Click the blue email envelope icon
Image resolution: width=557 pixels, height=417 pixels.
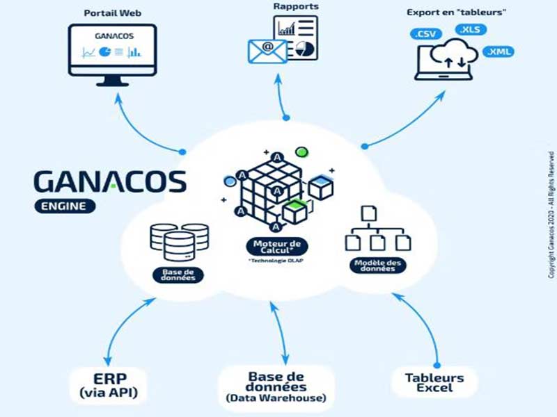[x=267, y=51]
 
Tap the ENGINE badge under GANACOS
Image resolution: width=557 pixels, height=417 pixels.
[x=64, y=206]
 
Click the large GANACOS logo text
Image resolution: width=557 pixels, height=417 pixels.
[x=110, y=182]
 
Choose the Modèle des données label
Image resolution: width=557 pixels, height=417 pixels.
[x=379, y=265]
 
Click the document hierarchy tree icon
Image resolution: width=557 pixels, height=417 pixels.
[x=379, y=229]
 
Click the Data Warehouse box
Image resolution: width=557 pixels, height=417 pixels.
[x=276, y=386]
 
